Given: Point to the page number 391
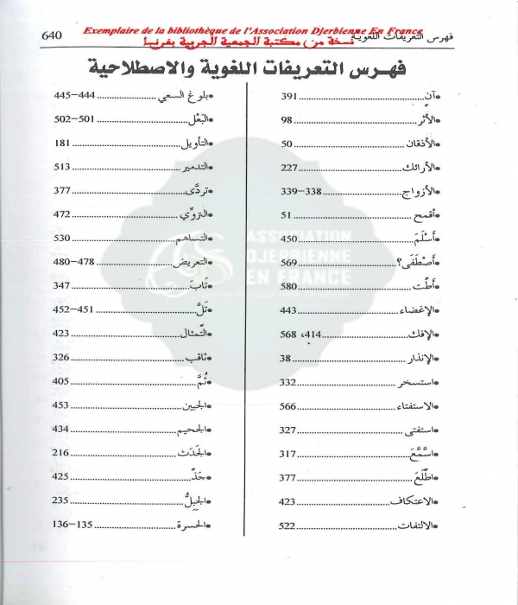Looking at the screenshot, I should pyautogui.click(x=288, y=95).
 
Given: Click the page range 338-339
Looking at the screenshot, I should pyautogui.click(x=300, y=191).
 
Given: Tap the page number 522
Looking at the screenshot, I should pyautogui.click(x=288, y=525).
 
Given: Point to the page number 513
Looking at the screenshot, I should pyautogui.click(x=61, y=167).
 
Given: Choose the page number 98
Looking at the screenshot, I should pyautogui.click(x=287, y=119).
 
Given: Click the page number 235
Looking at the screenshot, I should pyautogui.click(x=61, y=501).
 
